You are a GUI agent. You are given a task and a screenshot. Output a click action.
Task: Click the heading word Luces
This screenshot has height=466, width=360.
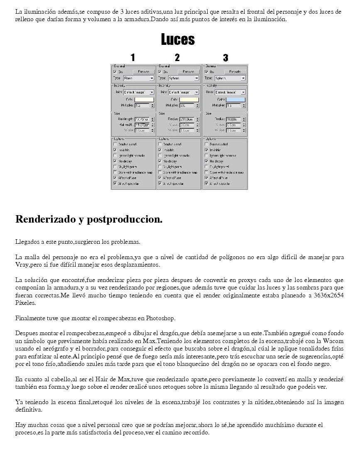point(178,39)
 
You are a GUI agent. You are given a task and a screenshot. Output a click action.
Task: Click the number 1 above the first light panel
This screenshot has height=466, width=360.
point(132,58)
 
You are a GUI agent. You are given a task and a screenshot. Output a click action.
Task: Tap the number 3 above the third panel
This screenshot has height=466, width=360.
point(225,58)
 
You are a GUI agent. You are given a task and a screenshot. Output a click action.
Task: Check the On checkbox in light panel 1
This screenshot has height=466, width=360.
point(115,72)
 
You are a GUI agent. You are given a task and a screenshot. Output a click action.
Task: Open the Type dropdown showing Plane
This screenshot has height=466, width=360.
point(139,78)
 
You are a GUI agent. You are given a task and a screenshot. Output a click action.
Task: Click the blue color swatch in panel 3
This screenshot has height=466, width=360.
point(235,99)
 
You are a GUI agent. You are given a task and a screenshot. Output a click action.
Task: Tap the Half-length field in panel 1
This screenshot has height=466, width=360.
point(142,119)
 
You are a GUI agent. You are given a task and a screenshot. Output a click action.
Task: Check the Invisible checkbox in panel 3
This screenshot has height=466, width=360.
point(206,150)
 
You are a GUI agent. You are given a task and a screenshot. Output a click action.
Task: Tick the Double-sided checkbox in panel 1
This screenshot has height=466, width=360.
point(115,144)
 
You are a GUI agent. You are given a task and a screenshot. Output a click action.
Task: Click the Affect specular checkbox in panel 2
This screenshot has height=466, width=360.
point(160,183)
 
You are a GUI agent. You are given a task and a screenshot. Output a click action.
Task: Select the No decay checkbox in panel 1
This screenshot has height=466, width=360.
point(115,161)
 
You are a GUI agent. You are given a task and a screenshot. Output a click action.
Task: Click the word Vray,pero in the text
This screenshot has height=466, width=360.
point(30,265)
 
